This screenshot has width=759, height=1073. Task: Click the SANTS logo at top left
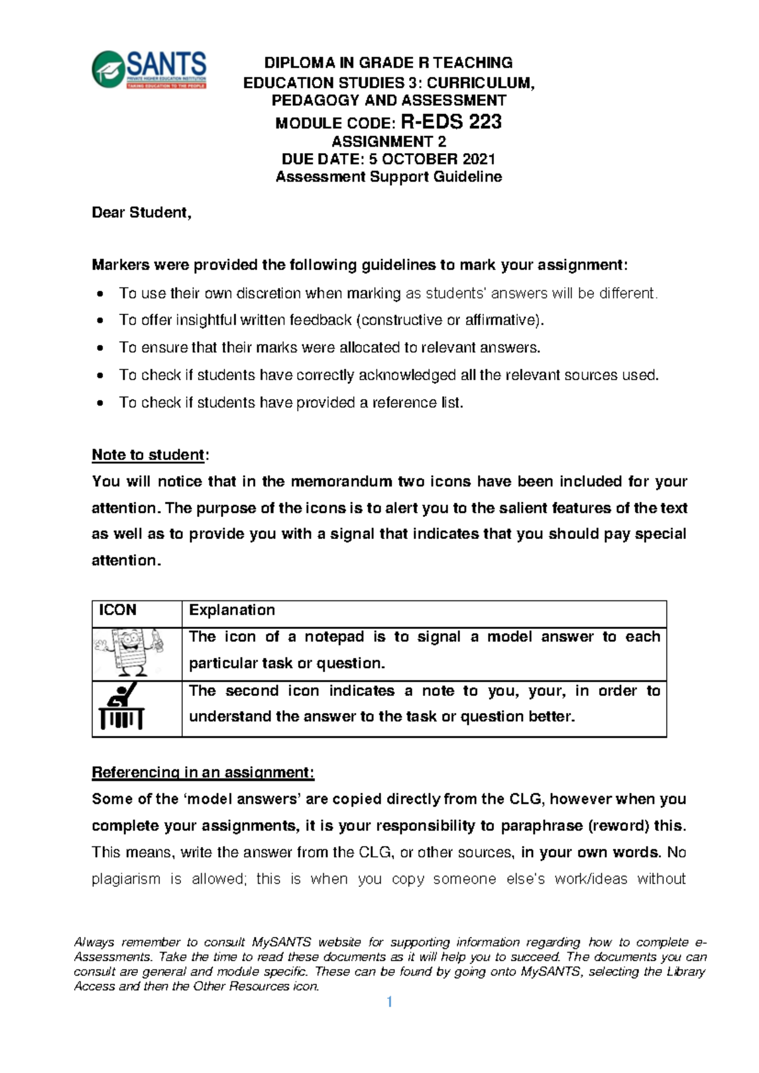point(149,70)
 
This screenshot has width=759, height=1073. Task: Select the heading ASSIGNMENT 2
point(388,142)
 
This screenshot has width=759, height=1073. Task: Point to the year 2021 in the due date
point(478,159)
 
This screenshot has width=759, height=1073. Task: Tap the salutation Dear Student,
point(141,213)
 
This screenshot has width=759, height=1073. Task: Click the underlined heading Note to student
point(149,455)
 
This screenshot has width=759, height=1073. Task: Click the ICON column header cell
point(118,610)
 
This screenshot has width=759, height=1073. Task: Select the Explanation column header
point(232,610)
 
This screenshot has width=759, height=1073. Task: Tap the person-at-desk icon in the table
point(122,706)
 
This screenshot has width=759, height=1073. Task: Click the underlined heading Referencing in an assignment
point(202,772)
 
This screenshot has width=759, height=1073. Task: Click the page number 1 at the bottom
point(390,1002)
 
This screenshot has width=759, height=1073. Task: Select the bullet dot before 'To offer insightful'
point(100,321)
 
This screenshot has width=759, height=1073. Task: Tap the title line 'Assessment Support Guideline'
point(388,177)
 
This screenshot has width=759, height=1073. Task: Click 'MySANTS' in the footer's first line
point(281,942)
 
